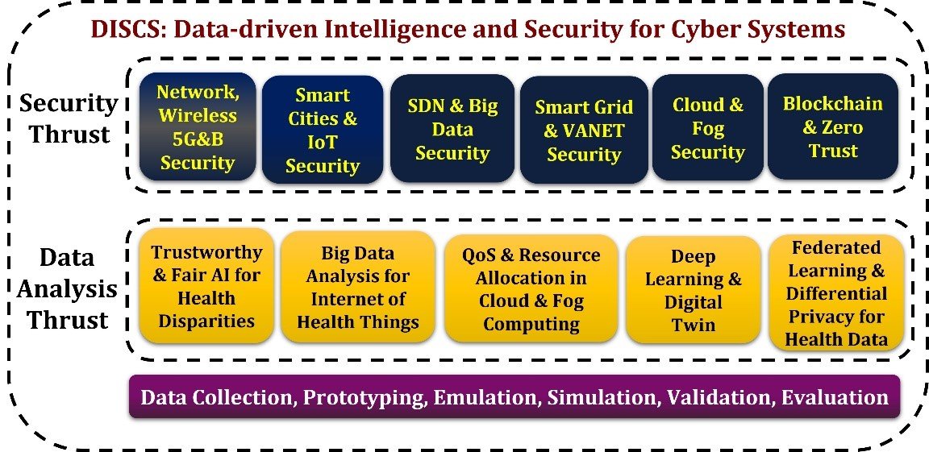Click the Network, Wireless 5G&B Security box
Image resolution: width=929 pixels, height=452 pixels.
click(197, 126)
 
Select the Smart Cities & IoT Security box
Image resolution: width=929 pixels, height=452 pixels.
click(322, 130)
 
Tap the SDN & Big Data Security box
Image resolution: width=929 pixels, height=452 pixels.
click(452, 129)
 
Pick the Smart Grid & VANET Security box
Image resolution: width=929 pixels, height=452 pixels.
click(584, 130)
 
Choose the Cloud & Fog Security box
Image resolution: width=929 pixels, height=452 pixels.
click(707, 128)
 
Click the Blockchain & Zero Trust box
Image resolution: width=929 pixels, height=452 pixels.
click(832, 126)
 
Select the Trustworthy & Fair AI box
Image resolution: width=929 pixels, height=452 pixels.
click(206, 286)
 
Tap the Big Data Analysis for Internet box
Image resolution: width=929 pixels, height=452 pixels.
click(358, 288)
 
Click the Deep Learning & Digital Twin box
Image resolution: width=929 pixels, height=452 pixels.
click(693, 290)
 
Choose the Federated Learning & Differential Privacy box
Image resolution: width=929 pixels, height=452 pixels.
click(836, 293)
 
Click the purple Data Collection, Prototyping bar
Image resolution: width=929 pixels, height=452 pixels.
click(514, 397)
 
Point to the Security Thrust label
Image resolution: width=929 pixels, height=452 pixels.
click(69, 118)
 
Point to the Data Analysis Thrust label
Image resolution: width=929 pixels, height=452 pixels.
click(68, 288)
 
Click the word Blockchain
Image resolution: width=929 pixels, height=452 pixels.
click(832, 104)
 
